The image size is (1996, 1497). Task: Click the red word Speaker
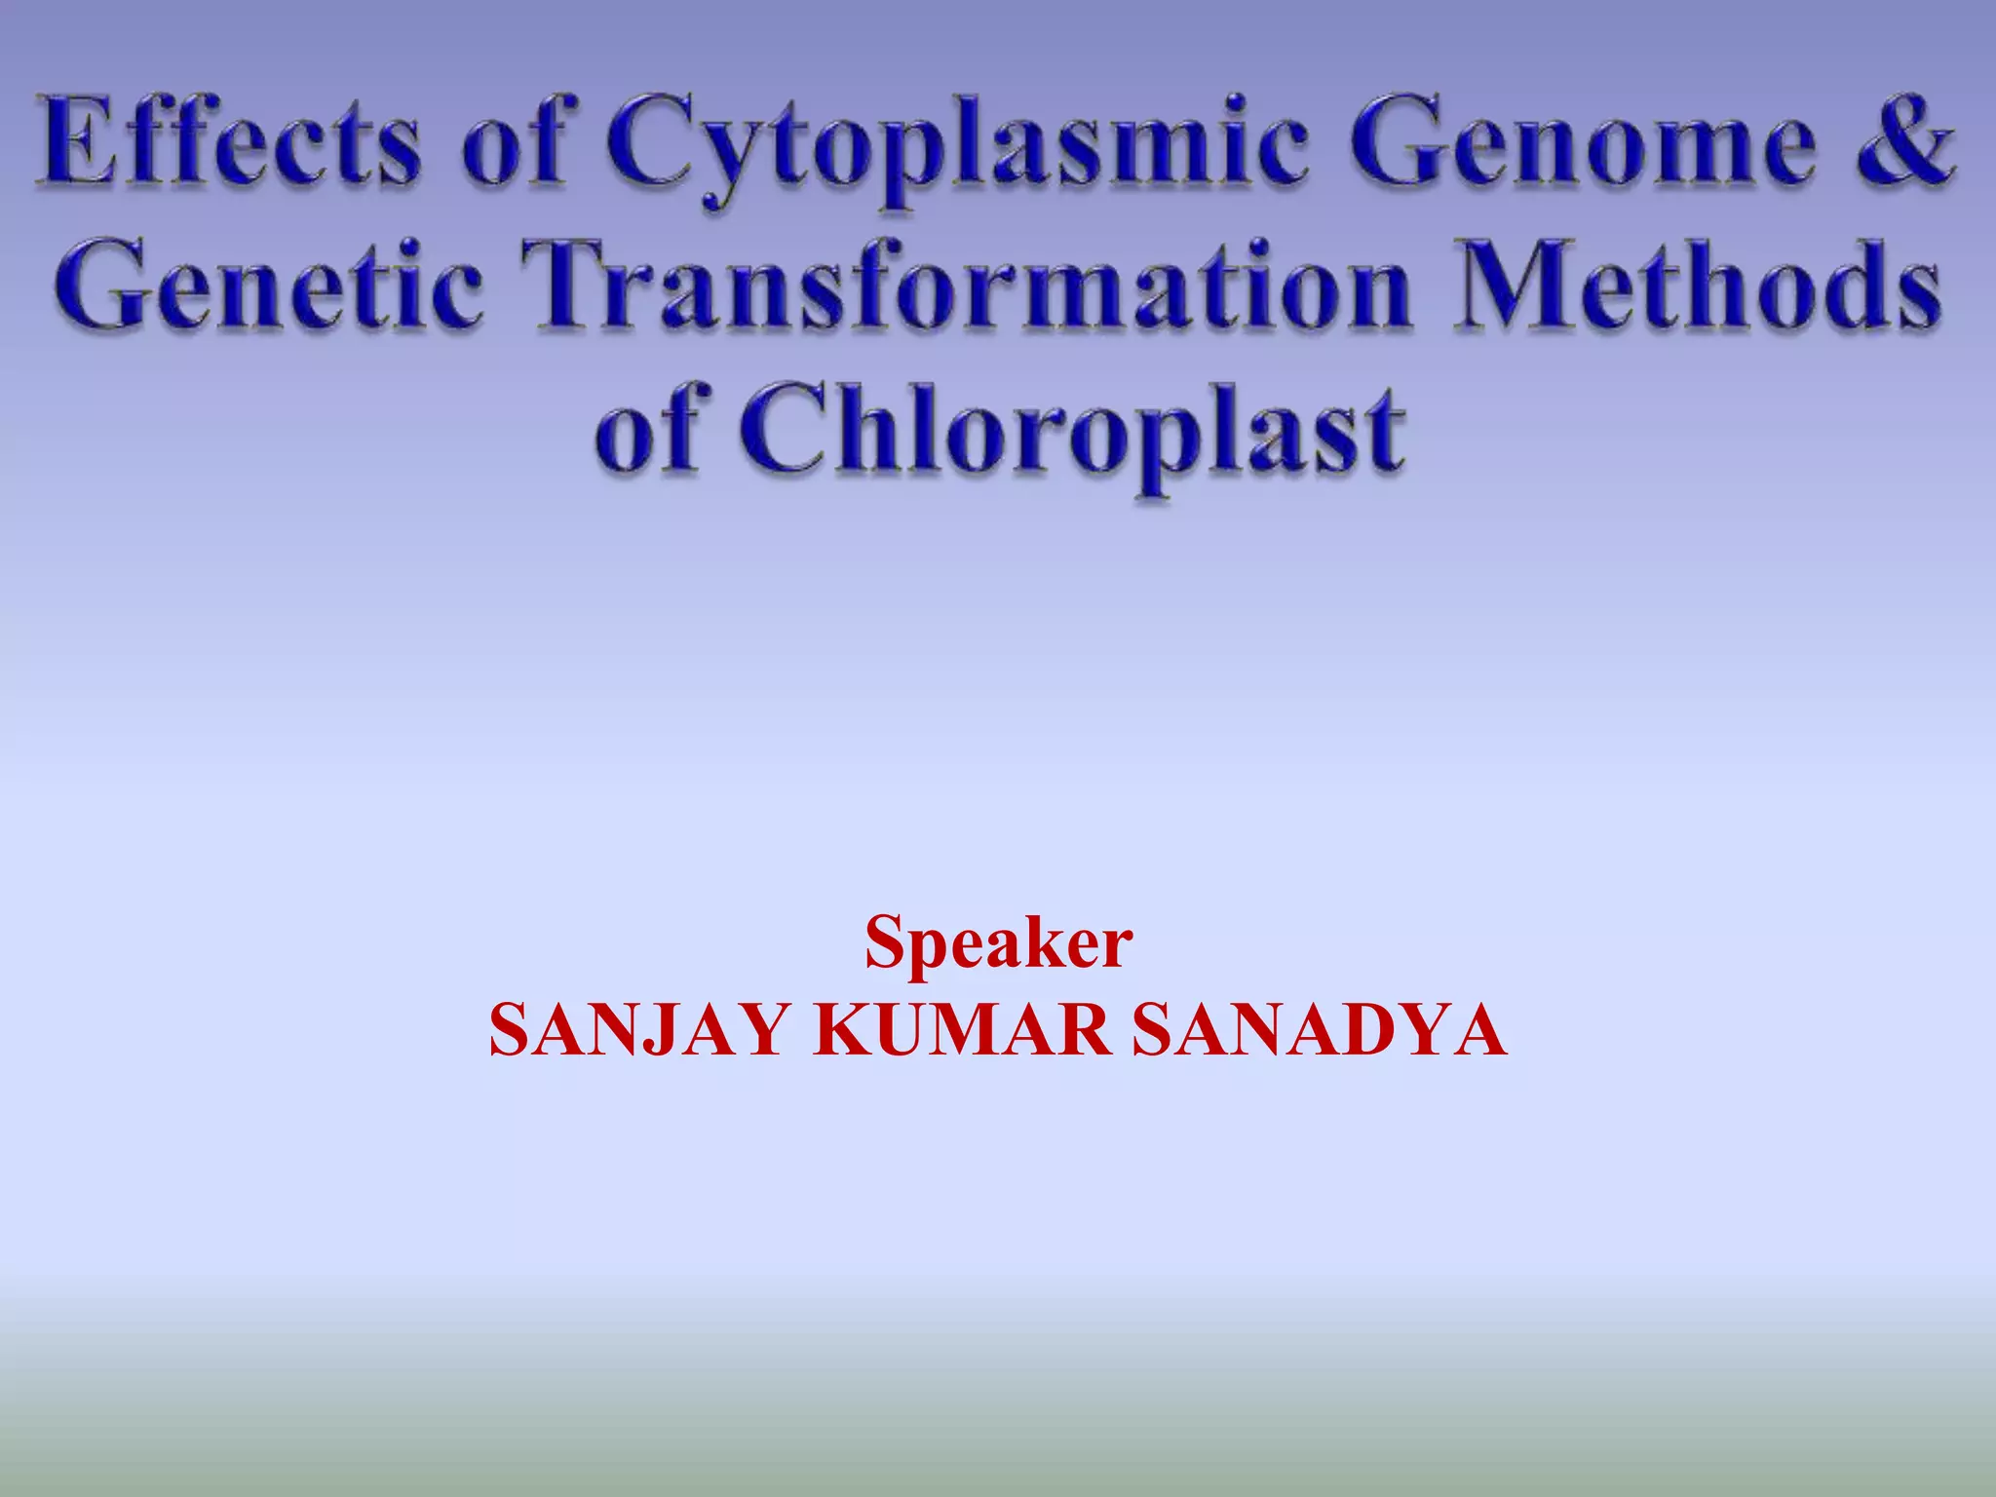[x=998, y=943]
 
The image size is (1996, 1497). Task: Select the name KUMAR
[x=961, y=1031]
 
